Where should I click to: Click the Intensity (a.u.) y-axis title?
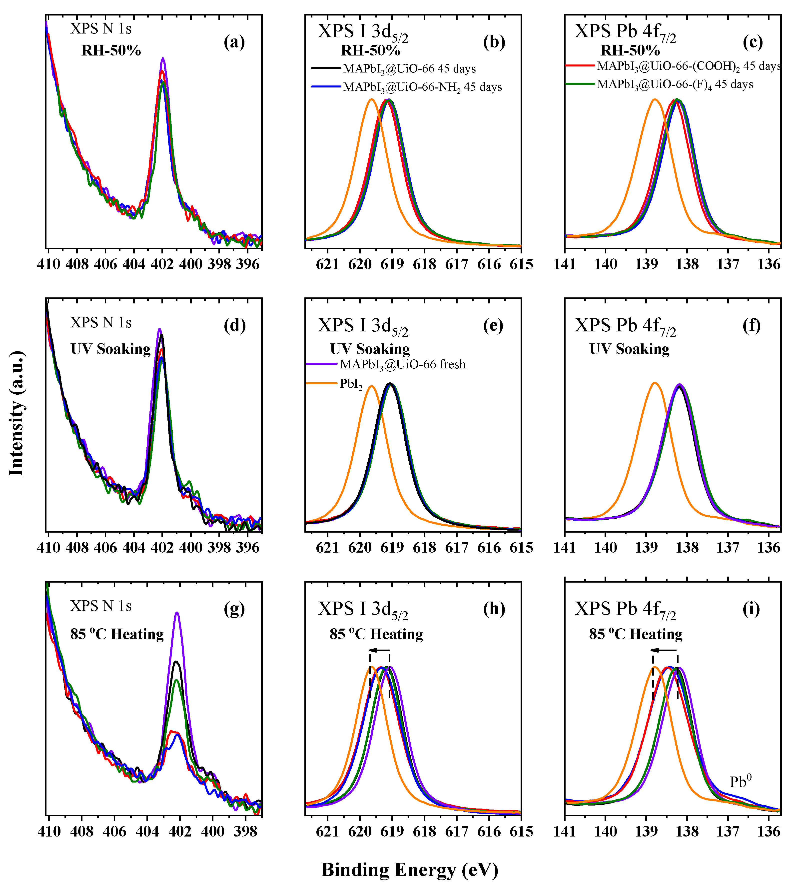pos(16,413)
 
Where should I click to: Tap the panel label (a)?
pos(234,42)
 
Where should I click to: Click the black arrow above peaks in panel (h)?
pos(379,650)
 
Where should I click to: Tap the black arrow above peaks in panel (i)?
pos(663,650)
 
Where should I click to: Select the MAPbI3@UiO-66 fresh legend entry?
pos(402,364)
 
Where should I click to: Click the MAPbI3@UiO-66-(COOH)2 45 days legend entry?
pos(689,66)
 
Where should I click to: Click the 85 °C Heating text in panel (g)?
pos(117,634)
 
